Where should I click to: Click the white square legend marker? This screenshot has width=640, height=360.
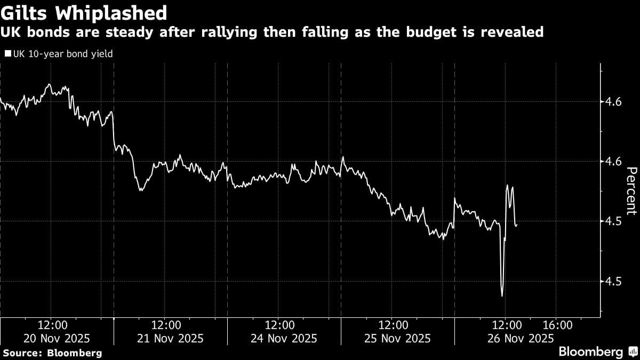pyautogui.click(x=7, y=54)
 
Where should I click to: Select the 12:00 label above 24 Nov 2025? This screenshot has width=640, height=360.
pyautogui.click(x=279, y=325)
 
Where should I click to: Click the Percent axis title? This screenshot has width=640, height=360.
pyautogui.click(x=631, y=190)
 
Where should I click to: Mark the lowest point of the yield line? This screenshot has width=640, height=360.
pyautogui.click(x=502, y=295)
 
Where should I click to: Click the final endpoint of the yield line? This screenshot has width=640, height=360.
pyautogui.click(x=516, y=225)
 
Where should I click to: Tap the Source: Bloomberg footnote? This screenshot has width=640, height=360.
pyautogui.click(x=52, y=353)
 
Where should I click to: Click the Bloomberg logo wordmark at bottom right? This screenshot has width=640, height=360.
pyautogui.click(x=590, y=352)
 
